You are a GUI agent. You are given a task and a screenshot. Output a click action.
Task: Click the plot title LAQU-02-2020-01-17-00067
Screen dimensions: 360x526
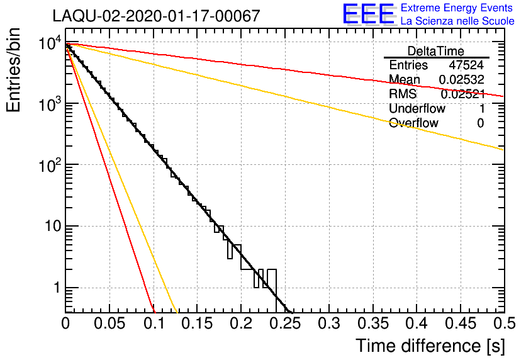click(x=156, y=16)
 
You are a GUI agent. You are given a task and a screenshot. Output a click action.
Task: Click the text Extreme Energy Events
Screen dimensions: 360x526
click(x=457, y=8)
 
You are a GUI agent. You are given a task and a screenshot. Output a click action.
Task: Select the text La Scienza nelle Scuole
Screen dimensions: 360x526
click(x=457, y=21)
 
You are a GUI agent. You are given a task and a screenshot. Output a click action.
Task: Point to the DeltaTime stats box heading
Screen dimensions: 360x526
click(x=436, y=51)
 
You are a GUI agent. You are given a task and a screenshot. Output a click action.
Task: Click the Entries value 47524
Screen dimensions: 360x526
click(x=466, y=65)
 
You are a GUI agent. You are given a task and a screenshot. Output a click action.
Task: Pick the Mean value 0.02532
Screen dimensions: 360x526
click(x=461, y=80)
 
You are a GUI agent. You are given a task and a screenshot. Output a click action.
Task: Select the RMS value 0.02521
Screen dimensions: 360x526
click(x=462, y=94)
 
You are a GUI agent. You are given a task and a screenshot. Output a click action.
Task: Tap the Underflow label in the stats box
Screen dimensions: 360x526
click(x=417, y=108)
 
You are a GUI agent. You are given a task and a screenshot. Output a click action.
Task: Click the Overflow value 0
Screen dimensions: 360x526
click(x=480, y=123)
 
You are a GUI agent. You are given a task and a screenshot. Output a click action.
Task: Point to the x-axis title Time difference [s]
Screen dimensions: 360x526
click(x=430, y=346)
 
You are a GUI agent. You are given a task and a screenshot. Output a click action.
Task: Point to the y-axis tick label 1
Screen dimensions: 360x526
click(x=55, y=288)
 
